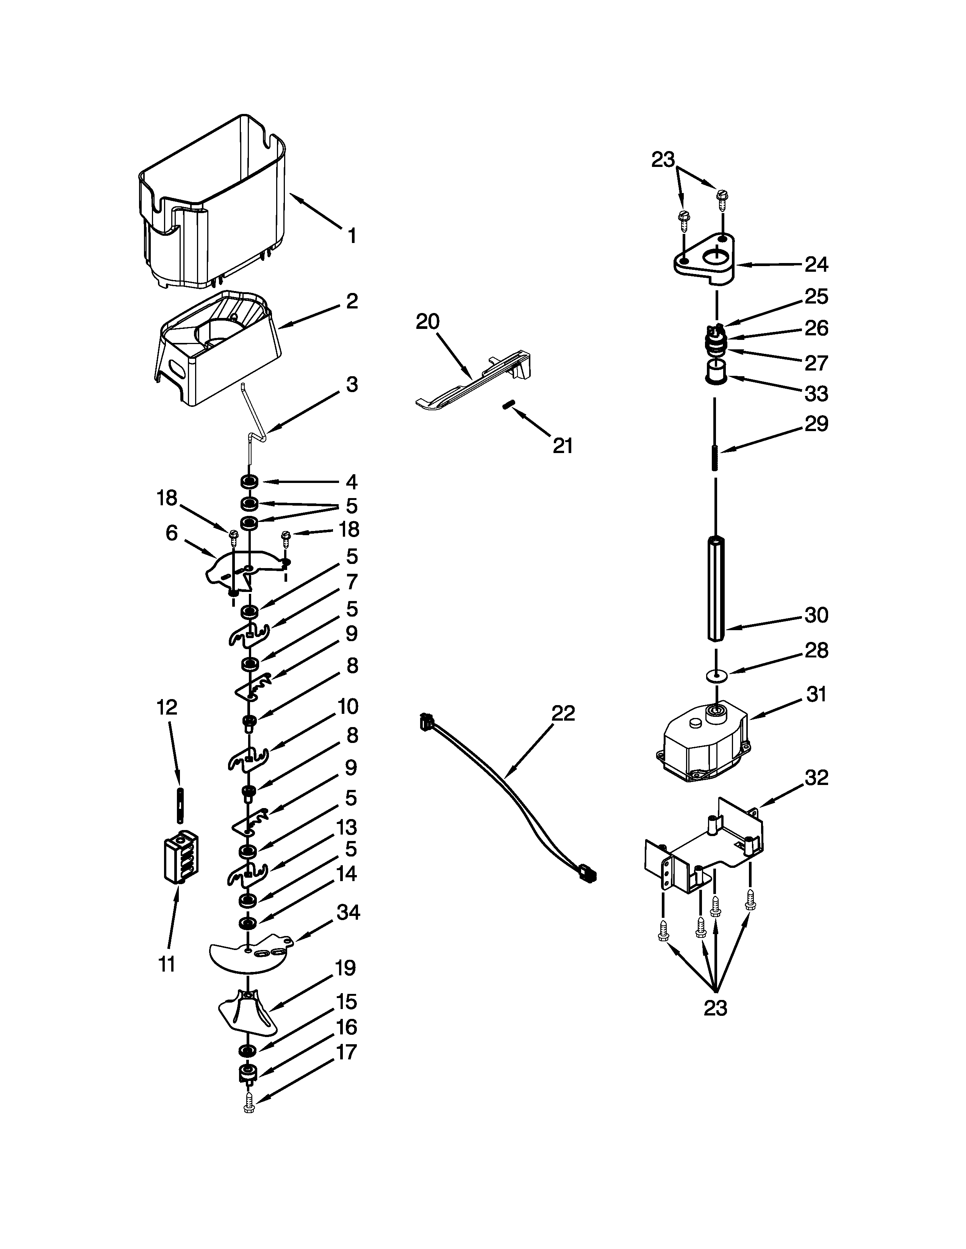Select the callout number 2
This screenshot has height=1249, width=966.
352,301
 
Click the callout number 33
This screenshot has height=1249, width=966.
816,394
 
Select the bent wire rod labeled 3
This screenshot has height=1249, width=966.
252,423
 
